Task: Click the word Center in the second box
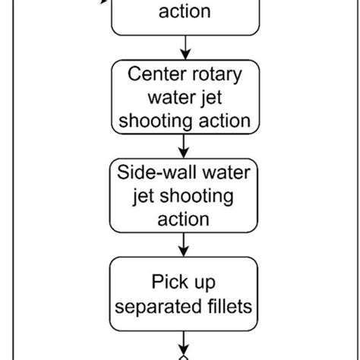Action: (x=155, y=75)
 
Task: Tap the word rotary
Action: (x=219, y=75)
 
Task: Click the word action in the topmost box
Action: (x=184, y=12)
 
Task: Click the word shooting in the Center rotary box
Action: (x=159, y=121)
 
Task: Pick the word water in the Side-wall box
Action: (x=222, y=172)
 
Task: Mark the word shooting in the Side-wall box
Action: (x=191, y=197)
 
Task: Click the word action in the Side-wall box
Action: (x=183, y=219)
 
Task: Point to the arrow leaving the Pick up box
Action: (x=184, y=342)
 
